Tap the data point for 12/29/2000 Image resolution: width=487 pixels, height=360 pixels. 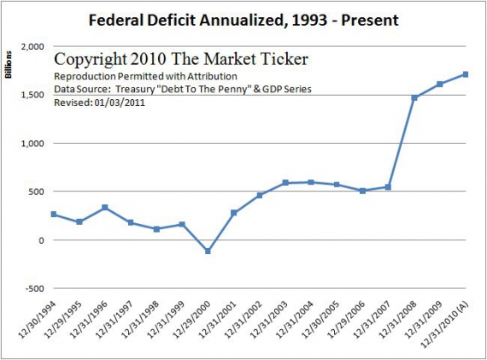pos(207,251)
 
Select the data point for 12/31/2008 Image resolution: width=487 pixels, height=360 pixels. pos(413,97)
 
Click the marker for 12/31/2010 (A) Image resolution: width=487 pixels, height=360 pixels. pos(464,74)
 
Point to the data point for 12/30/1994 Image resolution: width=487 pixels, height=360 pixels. pos(54,214)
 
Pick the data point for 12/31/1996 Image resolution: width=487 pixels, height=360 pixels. pos(104,207)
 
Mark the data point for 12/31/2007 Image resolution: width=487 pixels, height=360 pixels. pos(387,186)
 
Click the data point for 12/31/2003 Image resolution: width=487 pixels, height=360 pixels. pos(285,183)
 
